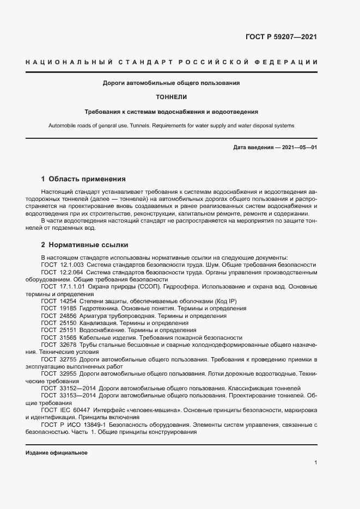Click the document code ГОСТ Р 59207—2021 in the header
pos(281,38)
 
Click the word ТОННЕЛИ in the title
pos(172,97)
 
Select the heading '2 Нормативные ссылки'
pos(84,245)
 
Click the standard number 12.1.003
pos(72,265)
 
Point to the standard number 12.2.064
pos(72,272)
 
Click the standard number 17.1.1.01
pos(74,286)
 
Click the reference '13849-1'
pos(97,425)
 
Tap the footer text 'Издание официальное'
pos(57,453)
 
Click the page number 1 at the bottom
pos(315,462)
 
